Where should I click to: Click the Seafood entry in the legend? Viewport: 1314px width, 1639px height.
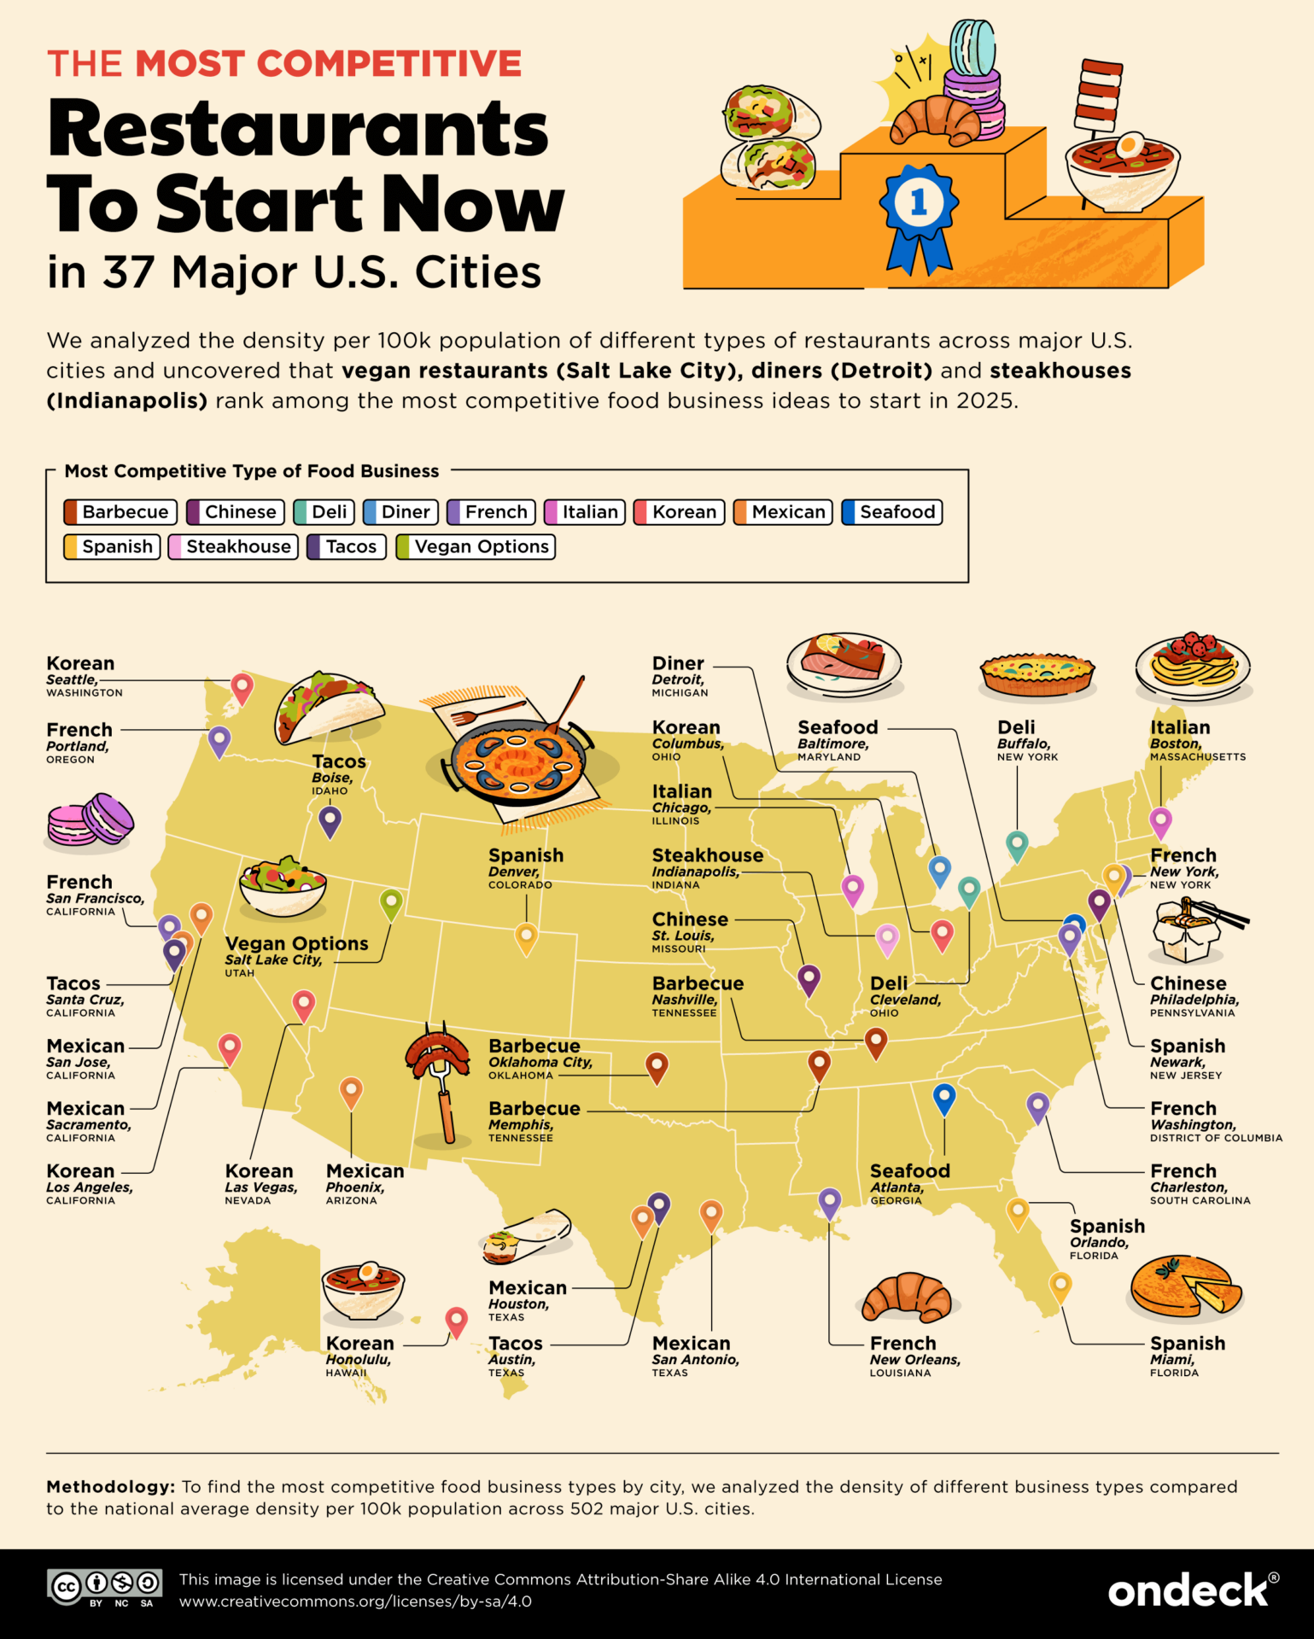point(891,512)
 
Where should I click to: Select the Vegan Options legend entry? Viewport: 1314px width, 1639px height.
point(476,547)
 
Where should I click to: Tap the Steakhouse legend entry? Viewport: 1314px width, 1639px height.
point(233,547)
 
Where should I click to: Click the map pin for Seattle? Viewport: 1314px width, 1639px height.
point(242,687)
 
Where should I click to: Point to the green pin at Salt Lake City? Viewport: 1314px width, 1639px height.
point(391,902)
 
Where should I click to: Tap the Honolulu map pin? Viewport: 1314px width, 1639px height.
point(457,1321)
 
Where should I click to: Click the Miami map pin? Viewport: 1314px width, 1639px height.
point(1060,1285)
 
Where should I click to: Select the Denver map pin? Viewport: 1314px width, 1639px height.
point(526,936)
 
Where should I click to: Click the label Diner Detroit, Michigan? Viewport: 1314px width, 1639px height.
point(680,675)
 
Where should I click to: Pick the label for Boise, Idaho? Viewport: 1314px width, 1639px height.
point(338,773)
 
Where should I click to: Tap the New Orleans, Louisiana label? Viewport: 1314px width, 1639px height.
point(914,1356)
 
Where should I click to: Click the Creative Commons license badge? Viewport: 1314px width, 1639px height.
point(104,1588)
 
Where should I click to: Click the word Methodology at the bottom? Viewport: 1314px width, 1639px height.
point(110,1487)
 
